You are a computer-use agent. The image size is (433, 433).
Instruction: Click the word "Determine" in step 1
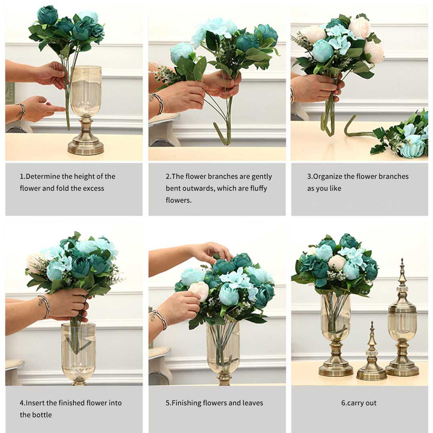click(x=42, y=176)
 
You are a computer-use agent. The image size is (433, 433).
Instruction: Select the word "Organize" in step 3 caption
click(x=327, y=176)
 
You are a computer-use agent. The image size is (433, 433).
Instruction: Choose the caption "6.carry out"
click(x=359, y=403)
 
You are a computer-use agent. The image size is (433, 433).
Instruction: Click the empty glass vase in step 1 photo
click(x=86, y=91)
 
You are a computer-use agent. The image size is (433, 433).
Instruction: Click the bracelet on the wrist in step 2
click(x=159, y=103)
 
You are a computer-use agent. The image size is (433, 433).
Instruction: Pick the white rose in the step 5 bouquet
click(x=199, y=291)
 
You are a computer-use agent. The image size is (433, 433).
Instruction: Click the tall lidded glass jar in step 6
click(x=402, y=321)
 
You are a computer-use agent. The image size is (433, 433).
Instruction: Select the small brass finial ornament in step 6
click(x=372, y=355)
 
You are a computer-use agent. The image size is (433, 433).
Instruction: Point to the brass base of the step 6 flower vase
click(x=336, y=364)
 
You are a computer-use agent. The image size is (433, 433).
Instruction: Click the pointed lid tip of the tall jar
click(x=402, y=264)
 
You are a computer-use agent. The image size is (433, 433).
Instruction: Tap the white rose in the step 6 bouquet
click(x=337, y=263)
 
